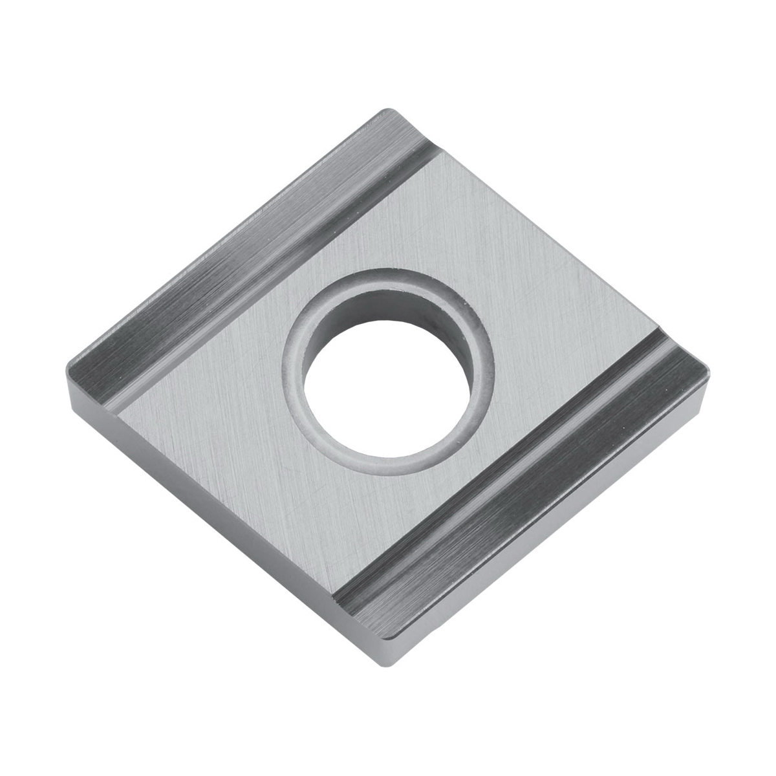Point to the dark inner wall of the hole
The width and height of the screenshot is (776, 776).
(388, 310)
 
